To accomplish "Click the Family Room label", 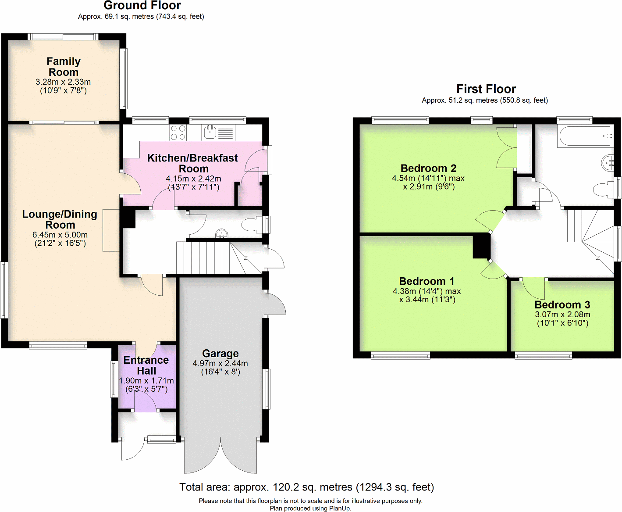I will coord(64,67).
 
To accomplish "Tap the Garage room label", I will coord(220,354).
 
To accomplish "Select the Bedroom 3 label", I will coord(562,305).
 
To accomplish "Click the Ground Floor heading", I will coord(142,6).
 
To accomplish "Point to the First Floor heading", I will coord(486,89).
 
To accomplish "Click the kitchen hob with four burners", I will coord(178,132).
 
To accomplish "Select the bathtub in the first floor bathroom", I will coord(585,136).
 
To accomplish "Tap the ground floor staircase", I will coord(206,258).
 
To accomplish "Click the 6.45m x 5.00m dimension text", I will coord(60,235).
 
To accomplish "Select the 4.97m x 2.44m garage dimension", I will coord(220,363).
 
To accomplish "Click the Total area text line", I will coord(307,487).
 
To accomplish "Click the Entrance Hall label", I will coord(146,365).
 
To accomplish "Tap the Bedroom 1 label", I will coord(427,282).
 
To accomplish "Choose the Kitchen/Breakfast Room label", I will coord(193,163).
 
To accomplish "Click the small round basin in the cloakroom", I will coord(222,234).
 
